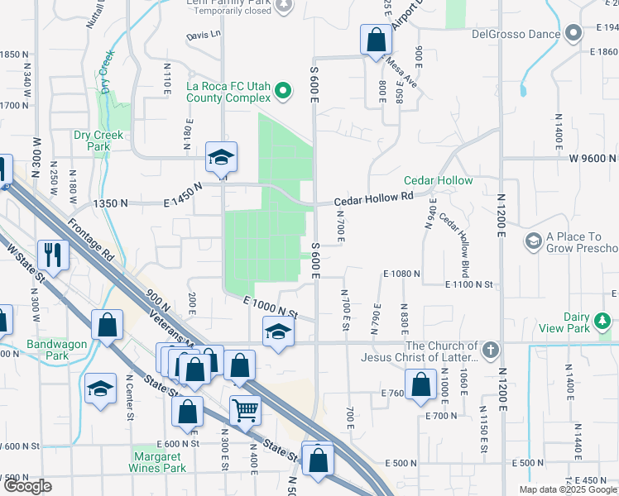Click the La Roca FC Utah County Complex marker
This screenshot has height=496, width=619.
tap(283, 91)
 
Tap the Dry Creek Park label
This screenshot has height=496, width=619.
tap(98, 141)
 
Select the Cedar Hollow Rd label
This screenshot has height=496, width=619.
tap(372, 200)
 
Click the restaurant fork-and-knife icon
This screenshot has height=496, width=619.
tap(54, 254)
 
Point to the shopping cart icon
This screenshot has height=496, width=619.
tap(245, 409)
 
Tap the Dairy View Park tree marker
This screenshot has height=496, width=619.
tap(602, 320)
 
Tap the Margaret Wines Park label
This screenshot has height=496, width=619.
tap(158, 461)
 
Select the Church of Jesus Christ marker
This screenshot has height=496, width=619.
tap(491, 348)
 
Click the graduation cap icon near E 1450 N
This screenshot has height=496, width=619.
tap(222, 155)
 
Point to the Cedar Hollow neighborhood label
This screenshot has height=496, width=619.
tap(438, 181)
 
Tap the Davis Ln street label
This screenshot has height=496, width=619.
tap(204, 36)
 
